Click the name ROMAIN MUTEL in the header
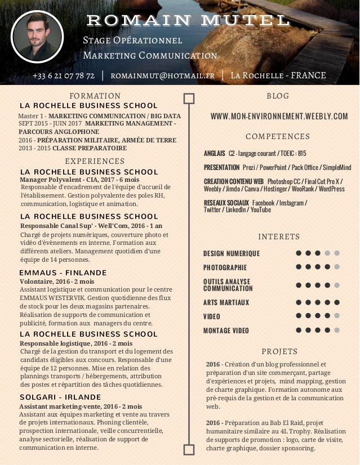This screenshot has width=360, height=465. coord(188,21)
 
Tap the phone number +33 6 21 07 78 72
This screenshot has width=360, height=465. coord(63,75)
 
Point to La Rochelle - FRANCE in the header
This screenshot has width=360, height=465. coord(279,75)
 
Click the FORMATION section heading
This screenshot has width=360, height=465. coord(95,96)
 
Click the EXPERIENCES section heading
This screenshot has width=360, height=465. coord(95,161)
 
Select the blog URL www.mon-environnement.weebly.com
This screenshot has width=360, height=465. coord(279,117)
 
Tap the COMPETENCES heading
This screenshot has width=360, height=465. coord(278,137)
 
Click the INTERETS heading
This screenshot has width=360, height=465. coord(278,236)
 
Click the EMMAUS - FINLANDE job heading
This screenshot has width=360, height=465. coord(63,273)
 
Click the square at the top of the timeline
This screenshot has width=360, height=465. coord(189,99)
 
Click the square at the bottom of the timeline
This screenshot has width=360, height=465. coord(189,449)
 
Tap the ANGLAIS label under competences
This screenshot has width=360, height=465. coord(214,153)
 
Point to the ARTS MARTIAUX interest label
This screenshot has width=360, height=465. coord(226,303)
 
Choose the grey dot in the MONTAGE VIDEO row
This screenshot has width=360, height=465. coord(337,330)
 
